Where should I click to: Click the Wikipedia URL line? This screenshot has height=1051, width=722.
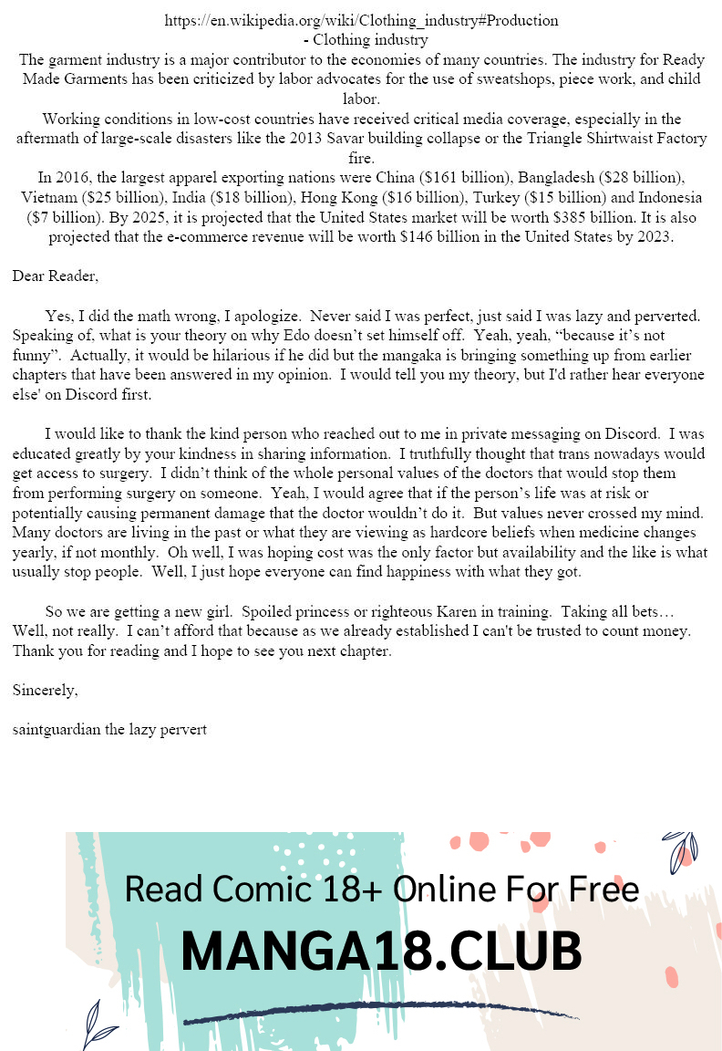coord(361,20)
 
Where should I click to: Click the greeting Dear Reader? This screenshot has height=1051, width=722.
coord(56,276)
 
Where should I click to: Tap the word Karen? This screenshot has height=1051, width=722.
coord(462,610)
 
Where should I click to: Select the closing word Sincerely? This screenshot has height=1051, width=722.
coord(45,691)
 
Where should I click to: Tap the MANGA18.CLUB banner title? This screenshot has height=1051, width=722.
coord(381,952)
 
